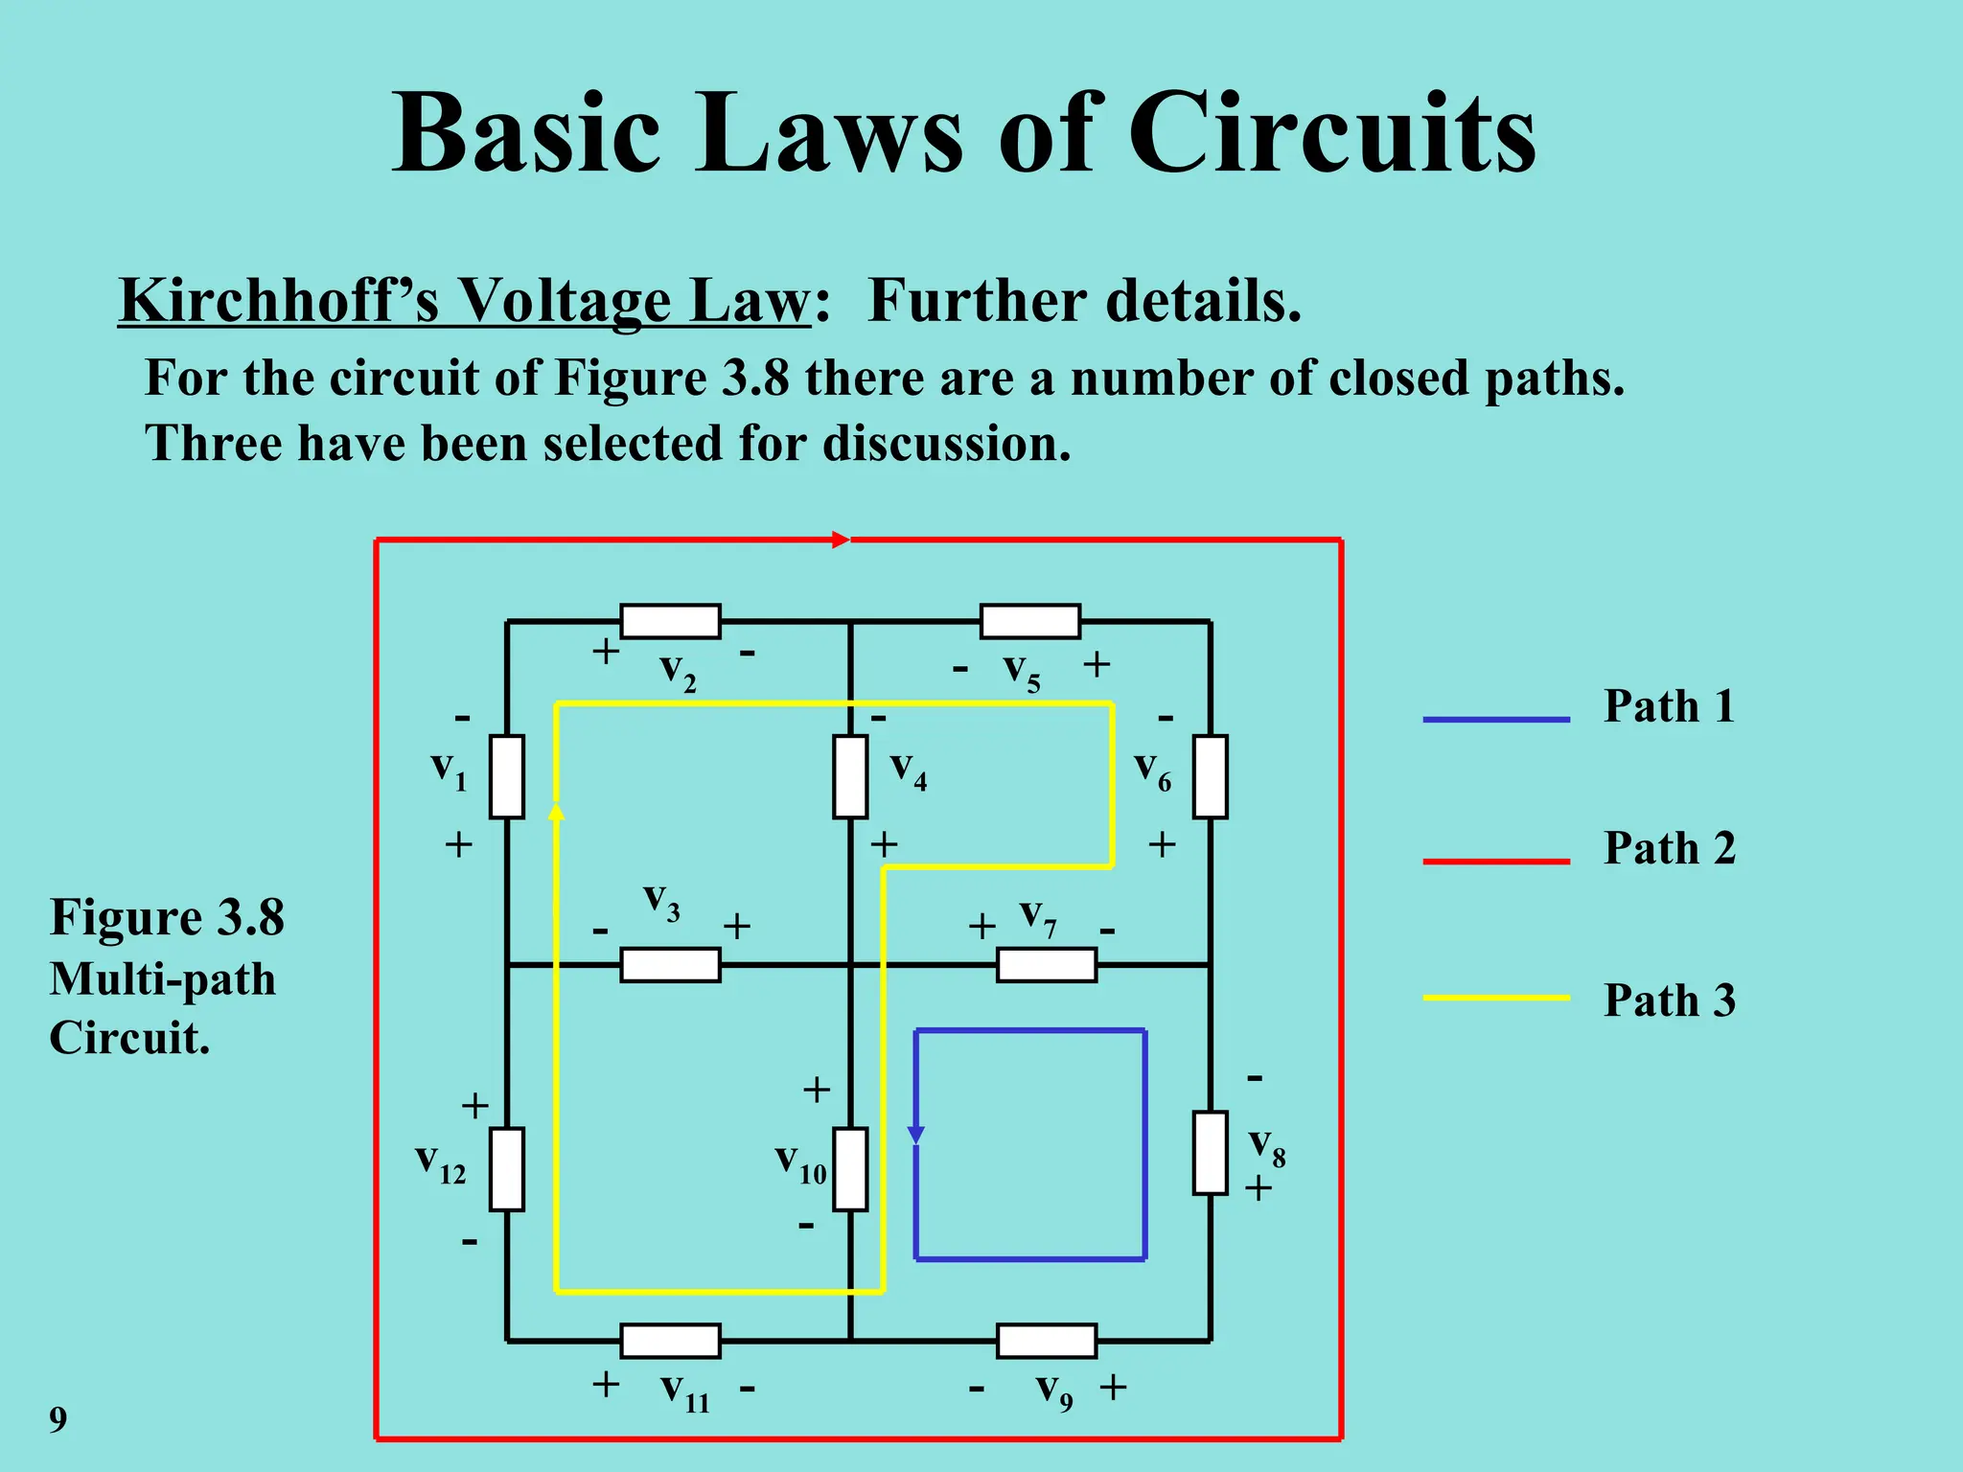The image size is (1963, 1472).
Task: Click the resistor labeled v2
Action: (670, 621)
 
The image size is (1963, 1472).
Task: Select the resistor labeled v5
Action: (1029, 621)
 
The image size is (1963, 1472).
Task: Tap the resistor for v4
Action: (850, 776)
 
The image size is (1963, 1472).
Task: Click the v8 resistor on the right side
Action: (1210, 1153)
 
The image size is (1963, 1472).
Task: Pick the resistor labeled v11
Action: (670, 1341)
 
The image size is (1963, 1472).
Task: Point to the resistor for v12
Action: (506, 1169)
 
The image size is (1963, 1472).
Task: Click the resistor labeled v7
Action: (1047, 964)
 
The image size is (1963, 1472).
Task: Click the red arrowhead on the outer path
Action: (841, 540)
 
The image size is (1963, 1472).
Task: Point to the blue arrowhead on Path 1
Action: (915, 1134)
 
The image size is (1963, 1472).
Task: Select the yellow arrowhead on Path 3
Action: (556, 812)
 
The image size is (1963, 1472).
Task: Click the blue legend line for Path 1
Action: (1495, 719)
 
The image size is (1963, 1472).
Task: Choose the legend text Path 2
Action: (1669, 848)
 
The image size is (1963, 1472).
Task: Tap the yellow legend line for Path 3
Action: (1495, 998)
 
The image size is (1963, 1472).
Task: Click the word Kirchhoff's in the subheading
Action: (278, 301)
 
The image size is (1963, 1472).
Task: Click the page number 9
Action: (58, 1419)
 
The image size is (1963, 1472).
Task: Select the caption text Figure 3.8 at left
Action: (167, 917)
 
